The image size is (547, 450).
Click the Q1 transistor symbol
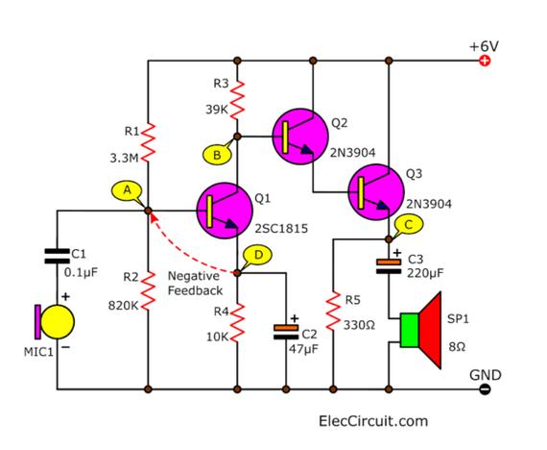coord(225,211)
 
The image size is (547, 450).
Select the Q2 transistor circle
coord(300,137)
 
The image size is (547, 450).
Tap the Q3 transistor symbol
coord(376,192)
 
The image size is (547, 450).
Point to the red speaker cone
coord(430,330)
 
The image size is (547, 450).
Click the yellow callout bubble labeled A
coord(127,191)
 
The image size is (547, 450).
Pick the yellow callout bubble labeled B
coord(217,155)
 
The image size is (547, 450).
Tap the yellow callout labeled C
coord(409,225)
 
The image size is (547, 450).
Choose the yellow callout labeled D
coord(258,255)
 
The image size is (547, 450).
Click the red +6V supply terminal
coord(485,61)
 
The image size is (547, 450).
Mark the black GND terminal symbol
coord(485,389)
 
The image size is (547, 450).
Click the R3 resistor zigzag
coord(237,100)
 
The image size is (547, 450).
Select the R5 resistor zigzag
coord(333,312)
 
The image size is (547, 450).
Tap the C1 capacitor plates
coord(58,256)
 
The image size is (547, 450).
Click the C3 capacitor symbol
coord(389,266)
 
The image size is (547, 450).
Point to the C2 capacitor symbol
coord(286,332)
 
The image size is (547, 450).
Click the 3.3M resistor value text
coord(124,159)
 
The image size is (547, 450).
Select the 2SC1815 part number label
coord(281,229)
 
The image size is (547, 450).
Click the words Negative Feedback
coord(195,284)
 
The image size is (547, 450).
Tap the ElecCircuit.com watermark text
coord(373,421)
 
